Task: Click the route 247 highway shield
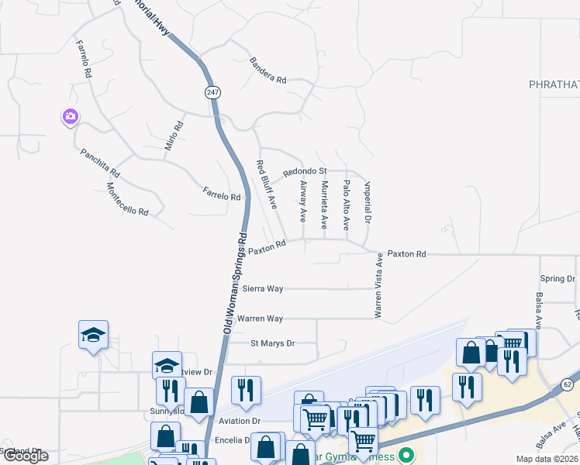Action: click(x=213, y=92)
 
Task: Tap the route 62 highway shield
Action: click(x=567, y=384)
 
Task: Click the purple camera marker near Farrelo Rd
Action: click(x=70, y=116)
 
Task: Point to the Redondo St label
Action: click(x=305, y=170)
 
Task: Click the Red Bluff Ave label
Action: click(x=267, y=184)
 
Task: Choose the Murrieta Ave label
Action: click(x=324, y=205)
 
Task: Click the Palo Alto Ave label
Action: click(x=346, y=205)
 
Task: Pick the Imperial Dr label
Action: click(x=368, y=203)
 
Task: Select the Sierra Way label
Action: click(x=263, y=288)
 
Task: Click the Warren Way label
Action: click(x=260, y=319)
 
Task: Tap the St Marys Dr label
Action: click(x=272, y=343)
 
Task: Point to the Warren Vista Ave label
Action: click(x=378, y=288)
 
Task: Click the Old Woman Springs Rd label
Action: click(x=235, y=283)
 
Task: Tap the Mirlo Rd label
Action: click(x=174, y=136)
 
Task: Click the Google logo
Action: click(x=25, y=456)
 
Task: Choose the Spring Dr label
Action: click(x=558, y=278)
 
